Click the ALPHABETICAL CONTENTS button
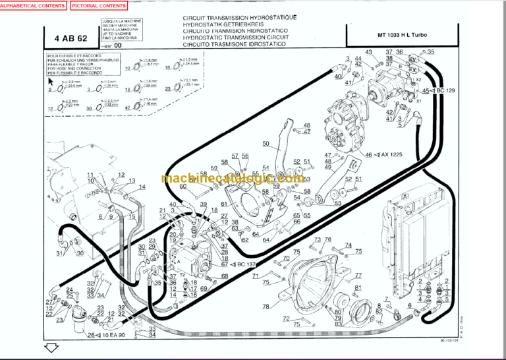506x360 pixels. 34,5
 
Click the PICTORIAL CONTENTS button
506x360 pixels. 98,5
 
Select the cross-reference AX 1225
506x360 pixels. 393,155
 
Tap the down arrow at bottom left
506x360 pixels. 51,347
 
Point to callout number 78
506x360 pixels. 266,307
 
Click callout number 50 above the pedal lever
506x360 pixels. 266,144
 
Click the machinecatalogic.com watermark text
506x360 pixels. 231,179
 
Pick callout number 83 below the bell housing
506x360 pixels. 338,324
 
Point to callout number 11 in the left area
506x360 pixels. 91,174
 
